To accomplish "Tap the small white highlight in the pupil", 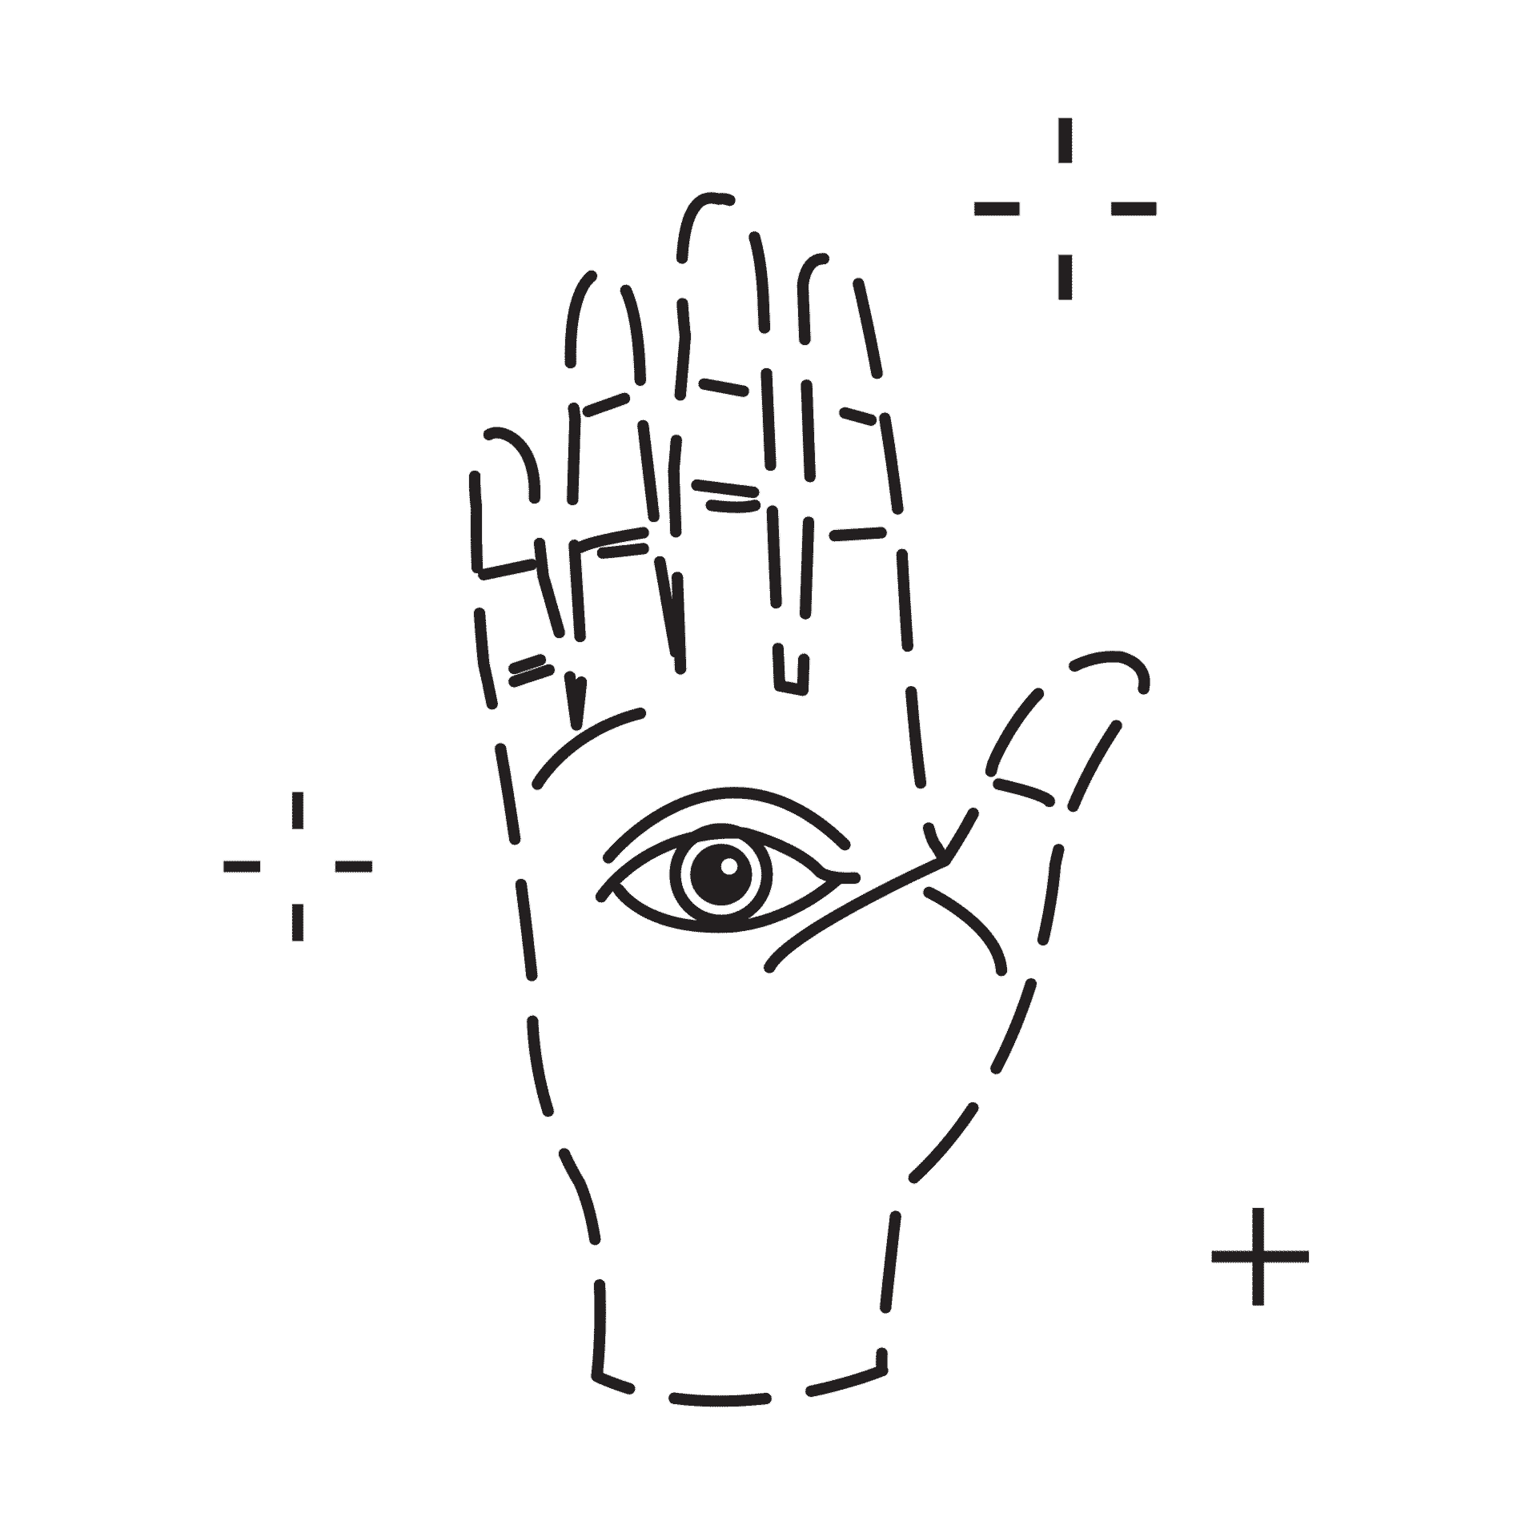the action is tap(729, 865).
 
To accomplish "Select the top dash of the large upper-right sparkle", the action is tap(1065, 140).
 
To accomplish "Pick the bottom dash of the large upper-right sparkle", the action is tap(1065, 276).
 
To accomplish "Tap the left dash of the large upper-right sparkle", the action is tap(997, 209).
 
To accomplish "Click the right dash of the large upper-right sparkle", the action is tap(1134, 209).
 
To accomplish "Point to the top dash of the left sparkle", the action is tap(298, 809).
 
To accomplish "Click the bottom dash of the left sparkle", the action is tap(298, 921).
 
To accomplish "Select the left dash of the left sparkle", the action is tap(242, 865).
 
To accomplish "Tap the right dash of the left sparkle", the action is tap(353, 865).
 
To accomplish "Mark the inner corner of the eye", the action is tap(845, 877).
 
